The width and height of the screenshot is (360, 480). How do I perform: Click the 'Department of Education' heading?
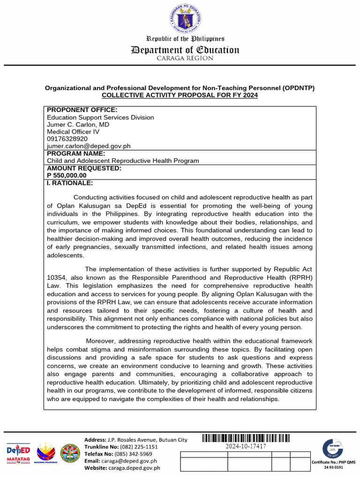click(x=185, y=50)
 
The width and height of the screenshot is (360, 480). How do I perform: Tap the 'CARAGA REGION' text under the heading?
click(x=185, y=59)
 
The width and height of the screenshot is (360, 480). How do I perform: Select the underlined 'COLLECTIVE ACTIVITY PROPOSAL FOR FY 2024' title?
click(x=180, y=95)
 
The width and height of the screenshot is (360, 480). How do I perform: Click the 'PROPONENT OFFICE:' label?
click(x=82, y=110)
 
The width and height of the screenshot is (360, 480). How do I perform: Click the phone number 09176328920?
click(x=67, y=139)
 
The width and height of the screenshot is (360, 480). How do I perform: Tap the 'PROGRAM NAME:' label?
click(x=76, y=153)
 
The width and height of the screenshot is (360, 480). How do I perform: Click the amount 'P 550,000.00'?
click(x=67, y=175)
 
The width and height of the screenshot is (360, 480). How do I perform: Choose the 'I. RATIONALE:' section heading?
click(x=70, y=183)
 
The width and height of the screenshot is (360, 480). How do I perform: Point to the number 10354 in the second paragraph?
click(x=56, y=277)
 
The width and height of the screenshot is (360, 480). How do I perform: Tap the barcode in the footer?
click(x=246, y=438)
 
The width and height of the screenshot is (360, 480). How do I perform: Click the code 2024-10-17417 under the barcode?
click(x=246, y=447)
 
